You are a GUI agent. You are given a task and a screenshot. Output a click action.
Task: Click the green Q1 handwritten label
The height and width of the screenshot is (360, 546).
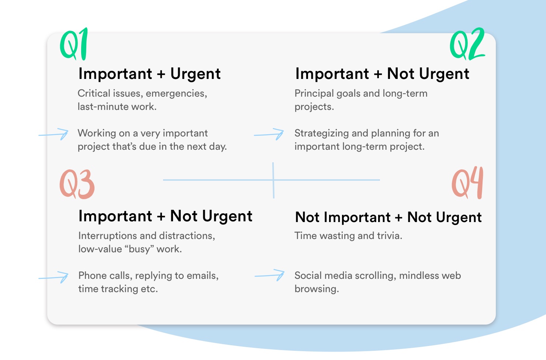[74, 44]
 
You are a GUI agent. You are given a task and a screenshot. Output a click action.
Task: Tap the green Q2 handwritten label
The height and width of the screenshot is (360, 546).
[467, 44]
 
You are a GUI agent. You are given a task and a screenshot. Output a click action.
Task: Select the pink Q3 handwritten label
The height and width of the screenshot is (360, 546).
[77, 184]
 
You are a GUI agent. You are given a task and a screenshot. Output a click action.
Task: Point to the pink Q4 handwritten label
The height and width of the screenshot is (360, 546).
[467, 183]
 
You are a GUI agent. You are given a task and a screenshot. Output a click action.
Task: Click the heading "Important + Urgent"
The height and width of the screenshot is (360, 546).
[149, 74]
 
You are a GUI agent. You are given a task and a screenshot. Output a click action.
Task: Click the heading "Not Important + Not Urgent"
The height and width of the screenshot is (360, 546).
[388, 217]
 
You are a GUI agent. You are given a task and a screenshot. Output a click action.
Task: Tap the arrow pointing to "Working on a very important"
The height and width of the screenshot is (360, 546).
[53, 134]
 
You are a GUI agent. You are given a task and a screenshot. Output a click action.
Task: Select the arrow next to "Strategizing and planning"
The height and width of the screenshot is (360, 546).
[269, 134]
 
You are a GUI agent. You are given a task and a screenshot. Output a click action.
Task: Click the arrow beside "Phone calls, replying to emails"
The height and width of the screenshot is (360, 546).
[53, 277]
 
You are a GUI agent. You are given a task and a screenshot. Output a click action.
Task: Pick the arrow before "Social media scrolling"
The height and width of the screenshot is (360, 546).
[270, 275]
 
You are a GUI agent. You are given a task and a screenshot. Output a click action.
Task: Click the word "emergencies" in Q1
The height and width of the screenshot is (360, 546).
[176, 94]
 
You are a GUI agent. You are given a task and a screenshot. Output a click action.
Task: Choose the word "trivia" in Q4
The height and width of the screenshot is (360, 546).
[390, 236]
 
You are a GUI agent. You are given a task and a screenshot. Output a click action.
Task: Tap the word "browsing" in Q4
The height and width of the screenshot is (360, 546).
[317, 289]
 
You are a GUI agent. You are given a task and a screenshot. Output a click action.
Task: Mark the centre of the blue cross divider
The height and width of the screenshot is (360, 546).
[273, 180]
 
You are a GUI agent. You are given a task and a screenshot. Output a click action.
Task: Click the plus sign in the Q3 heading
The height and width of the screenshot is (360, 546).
[161, 217]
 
